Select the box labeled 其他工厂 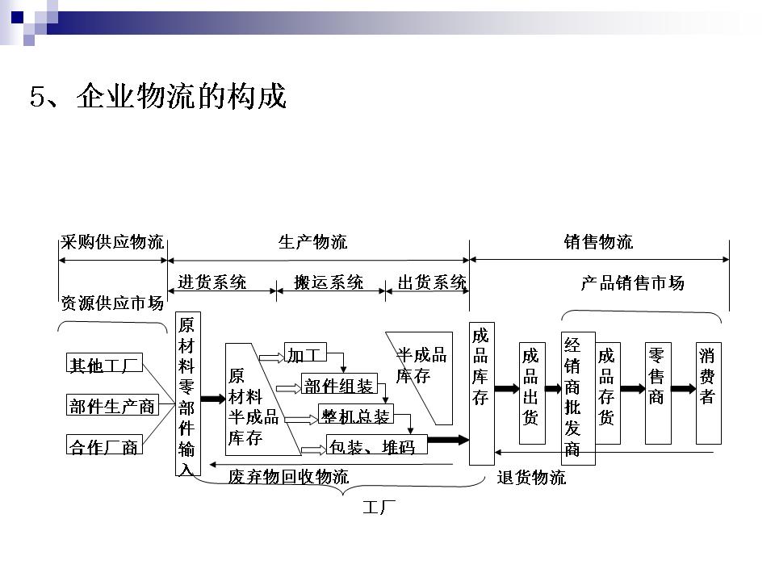pyautogui.click(x=104, y=365)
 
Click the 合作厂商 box pyautogui.click(x=104, y=445)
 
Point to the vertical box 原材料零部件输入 pyautogui.click(x=186, y=395)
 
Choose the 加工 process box pyautogui.click(x=304, y=354)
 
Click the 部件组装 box pyautogui.click(x=339, y=385)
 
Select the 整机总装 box pyautogui.click(x=355, y=415)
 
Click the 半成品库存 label pyautogui.click(x=421, y=365)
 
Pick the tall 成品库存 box pyautogui.click(x=481, y=394)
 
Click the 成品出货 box pyautogui.click(x=530, y=394)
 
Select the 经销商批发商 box pyautogui.click(x=577, y=397)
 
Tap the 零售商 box pyautogui.click(x=657, y=394)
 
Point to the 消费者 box pyautogui.click(x=708, y=394)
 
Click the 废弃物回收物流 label pyautogui.click(x=288, y=477)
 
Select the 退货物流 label pyautogui.click(x=531, y=478)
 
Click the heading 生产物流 pyautogui.click(x=312, y=241)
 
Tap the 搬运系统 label pyautogui.click(x=329, y=282)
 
